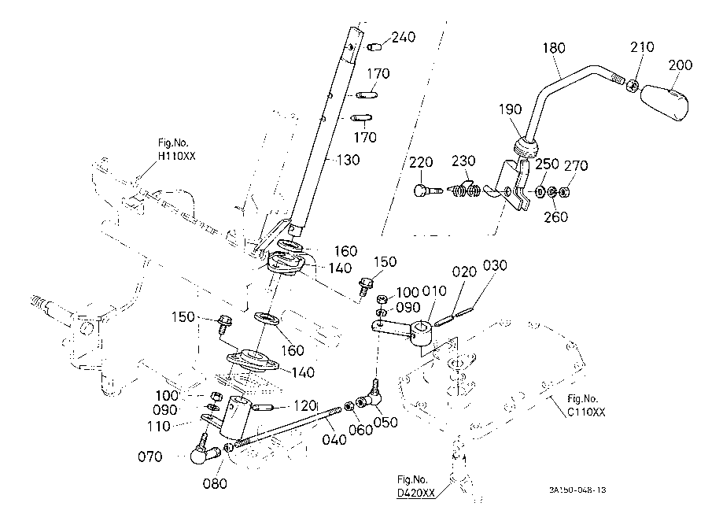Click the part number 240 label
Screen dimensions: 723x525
404,37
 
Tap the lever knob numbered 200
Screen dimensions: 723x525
664,102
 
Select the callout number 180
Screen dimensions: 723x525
554,48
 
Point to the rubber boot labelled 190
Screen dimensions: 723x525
526,148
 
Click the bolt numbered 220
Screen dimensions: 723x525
427,190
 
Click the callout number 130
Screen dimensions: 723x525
349,160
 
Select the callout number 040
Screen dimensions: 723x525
334,439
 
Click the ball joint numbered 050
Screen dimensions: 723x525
371,396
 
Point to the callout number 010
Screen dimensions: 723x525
434,291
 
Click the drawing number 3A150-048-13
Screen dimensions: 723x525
577,490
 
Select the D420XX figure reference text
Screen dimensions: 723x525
416,494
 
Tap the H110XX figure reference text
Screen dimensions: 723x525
176,156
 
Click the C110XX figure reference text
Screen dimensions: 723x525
586,412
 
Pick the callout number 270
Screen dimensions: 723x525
576,165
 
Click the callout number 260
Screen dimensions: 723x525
555,216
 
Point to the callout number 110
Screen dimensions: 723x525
159,427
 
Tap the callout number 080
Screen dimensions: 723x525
215,483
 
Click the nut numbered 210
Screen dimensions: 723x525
633,84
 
